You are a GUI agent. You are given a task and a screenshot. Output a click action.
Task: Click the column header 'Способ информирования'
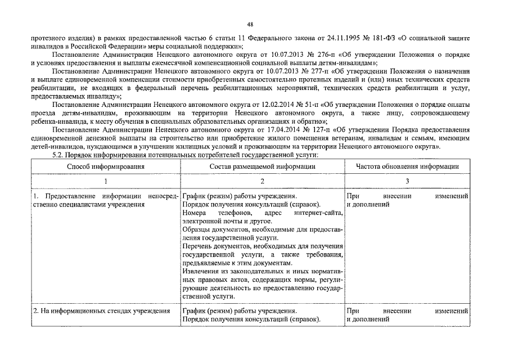(x=106, y=166)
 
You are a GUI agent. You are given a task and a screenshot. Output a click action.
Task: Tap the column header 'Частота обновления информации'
(x=407, y=166)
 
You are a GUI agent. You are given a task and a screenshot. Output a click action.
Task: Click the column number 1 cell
(x=106, y=181)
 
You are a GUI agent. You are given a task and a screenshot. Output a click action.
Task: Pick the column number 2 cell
(x=262, y=181)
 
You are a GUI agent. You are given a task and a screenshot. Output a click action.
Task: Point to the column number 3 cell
(x=407, y=181)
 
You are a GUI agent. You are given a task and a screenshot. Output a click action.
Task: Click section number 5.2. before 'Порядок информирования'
(x=58, y=154)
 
